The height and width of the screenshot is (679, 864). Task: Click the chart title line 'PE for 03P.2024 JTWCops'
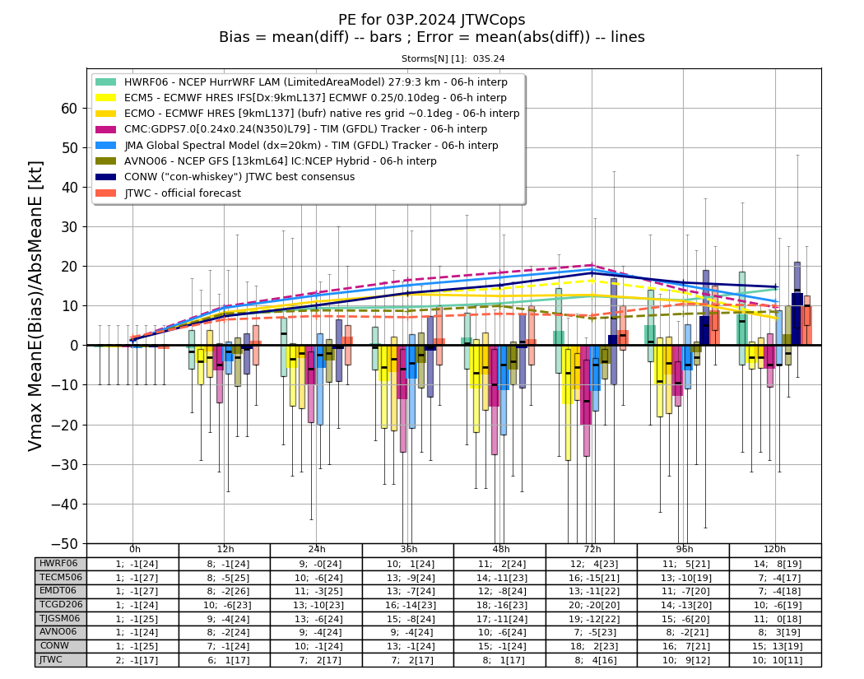(x=431, y=20)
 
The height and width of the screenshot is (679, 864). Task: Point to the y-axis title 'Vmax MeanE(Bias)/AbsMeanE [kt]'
(x=35, y=306)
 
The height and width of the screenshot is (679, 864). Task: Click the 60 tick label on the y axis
(x=69, y=109)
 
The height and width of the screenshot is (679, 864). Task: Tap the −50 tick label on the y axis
(x=64, y=544)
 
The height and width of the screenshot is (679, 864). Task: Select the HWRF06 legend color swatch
(x=106, y=82)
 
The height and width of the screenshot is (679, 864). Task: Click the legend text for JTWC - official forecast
(x=183, y=193)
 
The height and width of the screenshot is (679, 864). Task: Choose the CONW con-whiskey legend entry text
(x=239, y=177)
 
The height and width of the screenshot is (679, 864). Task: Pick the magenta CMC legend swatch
(x=106, y=129)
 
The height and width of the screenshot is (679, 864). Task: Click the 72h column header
(x=592, y=550)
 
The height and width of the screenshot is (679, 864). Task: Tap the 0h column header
(x=134, y=550)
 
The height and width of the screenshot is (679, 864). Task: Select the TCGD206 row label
(x=61, y=605)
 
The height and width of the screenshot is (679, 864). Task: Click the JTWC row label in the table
(x=51, y=660)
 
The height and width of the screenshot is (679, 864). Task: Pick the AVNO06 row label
(x=58, y=632)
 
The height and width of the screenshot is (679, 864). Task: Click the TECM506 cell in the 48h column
(x=501, y=578)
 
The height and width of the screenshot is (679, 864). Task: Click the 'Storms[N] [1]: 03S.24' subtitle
(x=453, y=59)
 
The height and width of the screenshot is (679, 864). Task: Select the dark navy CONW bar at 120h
(x=797, y=319)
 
